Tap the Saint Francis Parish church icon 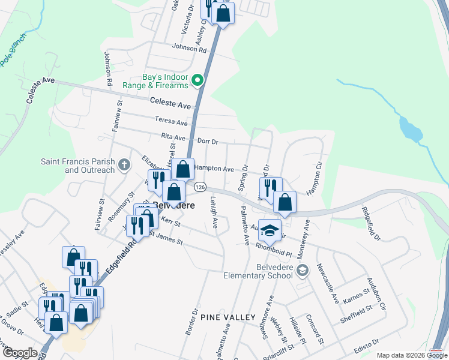point(124,164)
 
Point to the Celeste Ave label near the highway point(170,104)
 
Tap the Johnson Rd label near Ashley point(189,49)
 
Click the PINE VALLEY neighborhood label point(228,316)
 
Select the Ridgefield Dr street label point(371,223)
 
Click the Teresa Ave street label point(167,121)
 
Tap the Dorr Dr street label point(205,142)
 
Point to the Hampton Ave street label point(214,170)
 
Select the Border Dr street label point(192,323)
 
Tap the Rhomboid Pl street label point(273,245)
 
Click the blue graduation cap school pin point(270,230)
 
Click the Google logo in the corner point(20,353)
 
